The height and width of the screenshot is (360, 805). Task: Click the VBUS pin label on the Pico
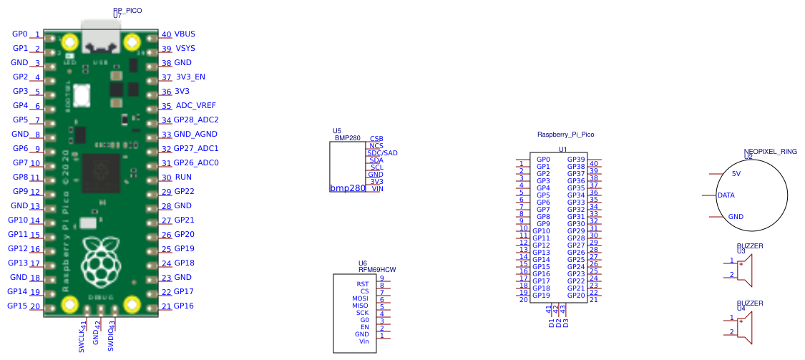click(x=185, y=34)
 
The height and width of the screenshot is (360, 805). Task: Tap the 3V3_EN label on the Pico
click(x=190, y=77)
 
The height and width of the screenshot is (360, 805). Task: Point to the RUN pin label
click(x=182, y=177)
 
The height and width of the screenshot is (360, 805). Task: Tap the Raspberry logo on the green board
click(x=101, y=258)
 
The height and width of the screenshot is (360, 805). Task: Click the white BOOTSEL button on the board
click(x=81, y=93)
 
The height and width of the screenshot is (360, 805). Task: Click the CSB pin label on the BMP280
click(x=376, y=138)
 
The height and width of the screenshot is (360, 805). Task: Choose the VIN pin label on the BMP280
click(x=377, y=188)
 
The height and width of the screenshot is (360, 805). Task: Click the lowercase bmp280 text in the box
click(x=348, y=188)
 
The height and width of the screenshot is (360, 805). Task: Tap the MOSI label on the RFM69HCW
click(x=360, y=298)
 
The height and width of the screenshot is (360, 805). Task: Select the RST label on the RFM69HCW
click(x=362, y=284)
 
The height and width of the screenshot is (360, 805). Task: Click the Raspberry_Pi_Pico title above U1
click(x=565, y=135)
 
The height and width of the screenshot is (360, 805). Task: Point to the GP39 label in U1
click(x=576, y=160)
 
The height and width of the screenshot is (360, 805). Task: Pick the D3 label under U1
click(x=566, y=323)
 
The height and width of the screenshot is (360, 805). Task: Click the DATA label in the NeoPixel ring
click(x=726, y=195)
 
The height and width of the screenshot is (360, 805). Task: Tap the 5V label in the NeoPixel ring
click(x=736, y=174)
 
